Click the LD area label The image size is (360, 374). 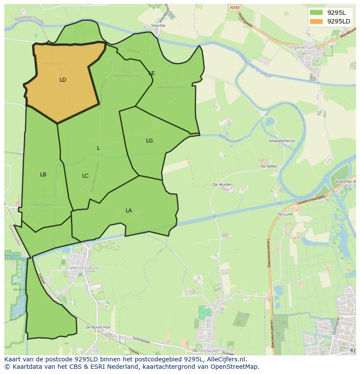click(x=63, y=80)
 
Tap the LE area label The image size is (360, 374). click(x=152, y=73)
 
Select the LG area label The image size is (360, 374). click(x=150, y=141)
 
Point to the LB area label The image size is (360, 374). click(x=43, y=175)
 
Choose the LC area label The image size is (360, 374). click(x=85, y=176)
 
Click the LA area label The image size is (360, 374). click(x=129, y=211)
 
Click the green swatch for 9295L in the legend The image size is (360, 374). click(x=317, y=12)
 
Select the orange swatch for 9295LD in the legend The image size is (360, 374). click(x=317, y=21)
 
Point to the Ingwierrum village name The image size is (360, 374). click(x=303, y=46)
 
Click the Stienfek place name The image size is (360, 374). click(x=158, y=26)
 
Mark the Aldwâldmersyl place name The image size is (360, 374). click(x=282, y=141)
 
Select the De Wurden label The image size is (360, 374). click(x=223, y=185)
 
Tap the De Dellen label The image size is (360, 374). click(x=269, y=166)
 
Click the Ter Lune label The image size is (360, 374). click(x=285, y=214)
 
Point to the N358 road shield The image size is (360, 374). click(x=234, y=7)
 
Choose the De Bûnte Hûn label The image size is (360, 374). click(x=98, y=327)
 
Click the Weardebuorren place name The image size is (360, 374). click(x=172, y=87)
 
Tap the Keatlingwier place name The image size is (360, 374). click(x=42, y=205)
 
